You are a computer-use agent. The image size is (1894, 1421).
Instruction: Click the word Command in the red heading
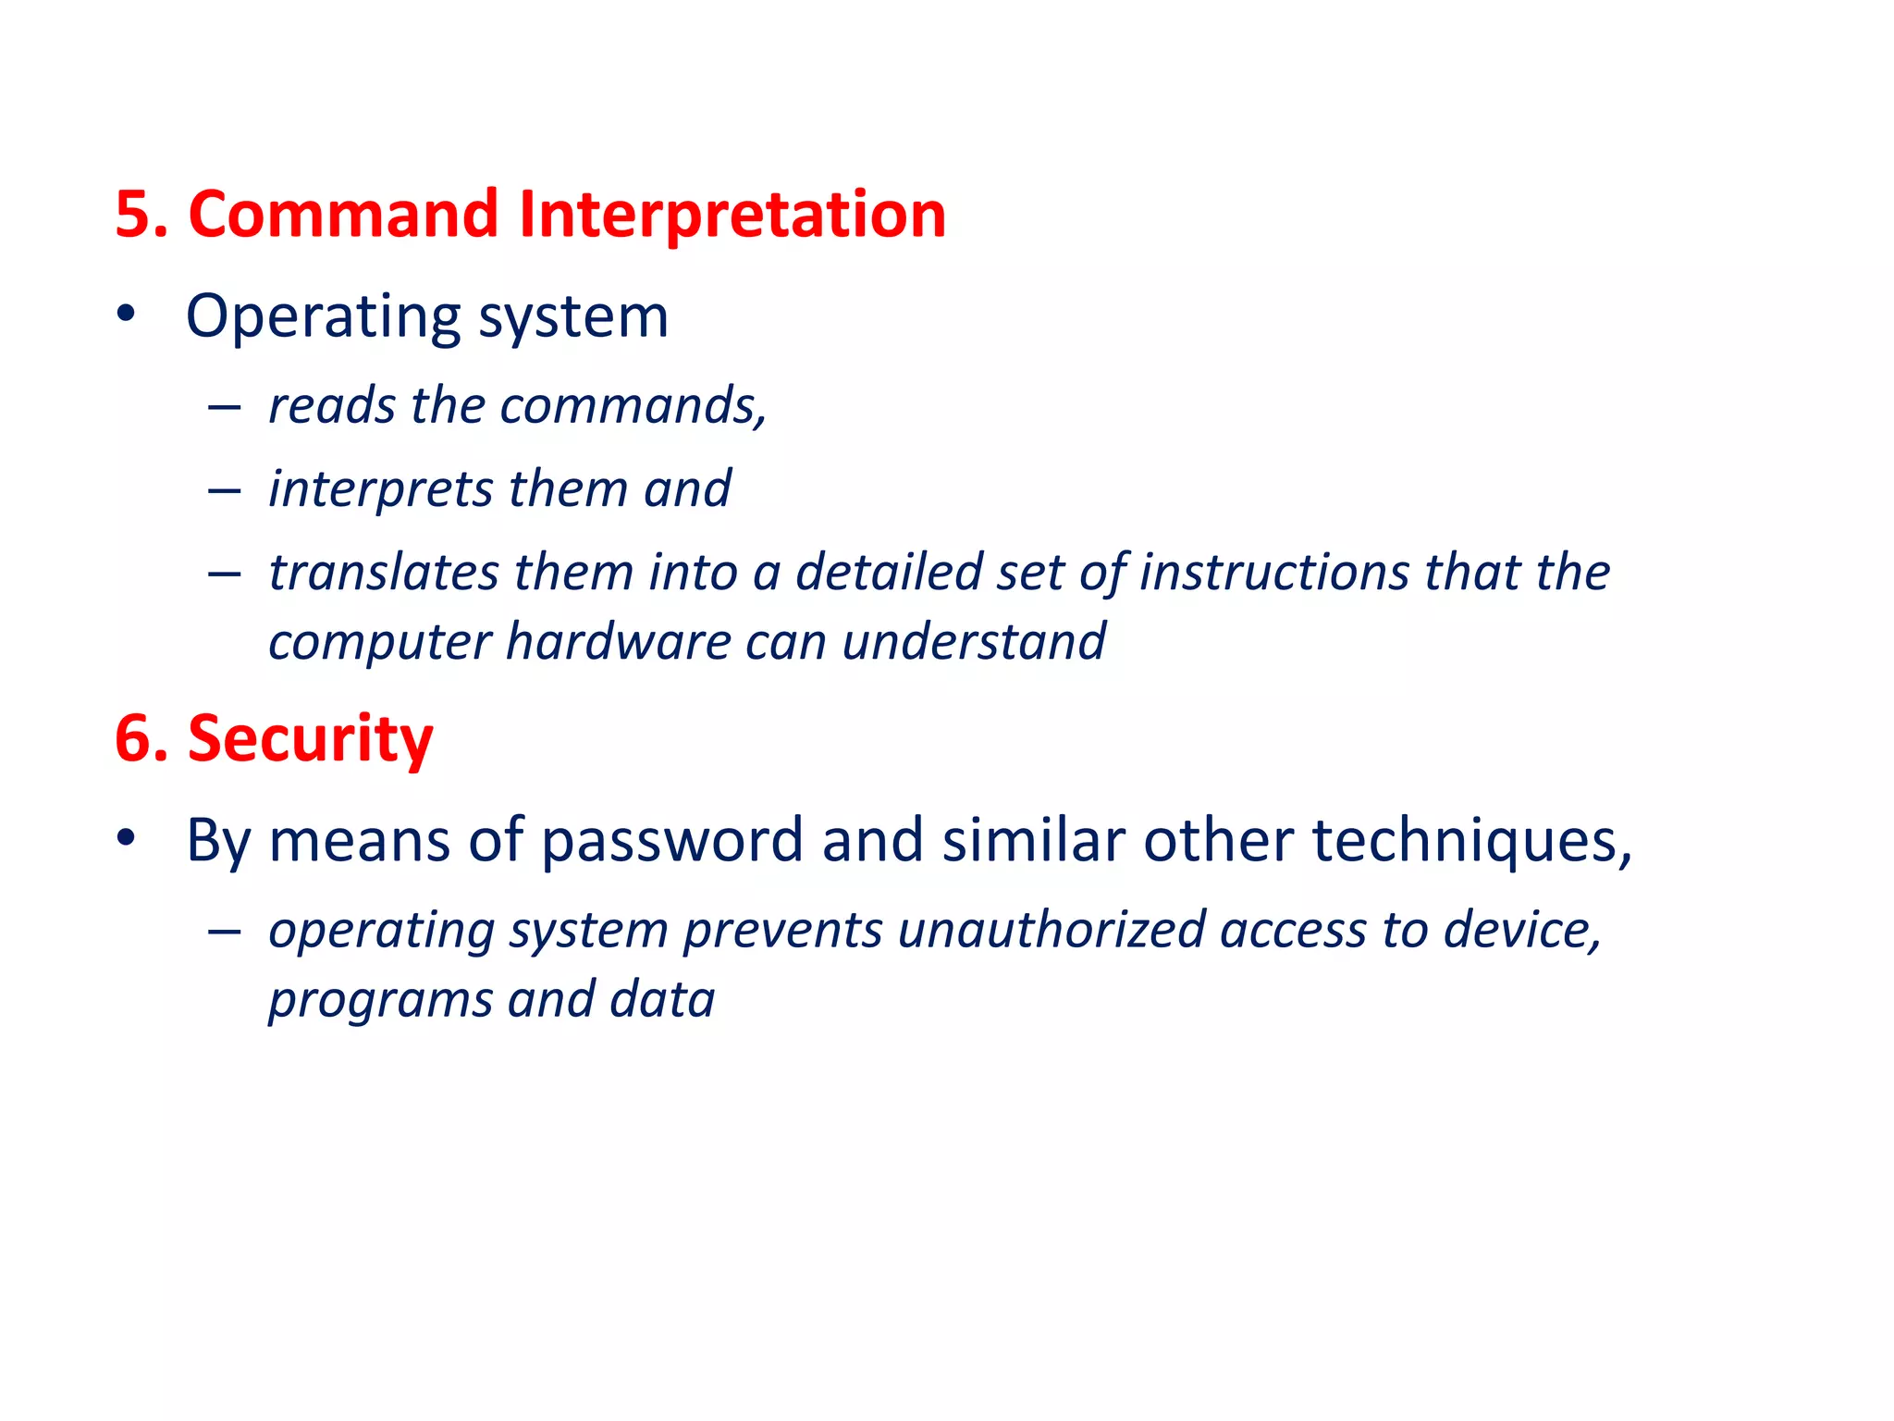343,215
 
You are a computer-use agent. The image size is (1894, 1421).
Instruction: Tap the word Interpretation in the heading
732,215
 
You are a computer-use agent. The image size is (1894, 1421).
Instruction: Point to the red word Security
311,739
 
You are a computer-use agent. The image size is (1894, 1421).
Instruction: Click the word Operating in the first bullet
323,317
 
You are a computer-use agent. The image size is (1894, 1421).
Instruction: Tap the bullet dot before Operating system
127,315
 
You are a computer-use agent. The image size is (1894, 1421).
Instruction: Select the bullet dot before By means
127,838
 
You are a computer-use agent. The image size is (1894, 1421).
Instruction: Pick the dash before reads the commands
225,407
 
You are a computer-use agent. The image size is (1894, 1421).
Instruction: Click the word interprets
380,489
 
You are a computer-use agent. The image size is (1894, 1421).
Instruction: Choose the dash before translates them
225,574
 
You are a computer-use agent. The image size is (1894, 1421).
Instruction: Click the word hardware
619,642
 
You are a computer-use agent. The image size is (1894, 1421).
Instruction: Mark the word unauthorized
1052,930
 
